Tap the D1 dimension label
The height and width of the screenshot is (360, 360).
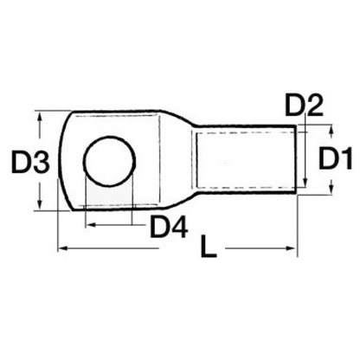tap(334, 159)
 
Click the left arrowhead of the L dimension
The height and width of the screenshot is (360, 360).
tap(61, 250)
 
